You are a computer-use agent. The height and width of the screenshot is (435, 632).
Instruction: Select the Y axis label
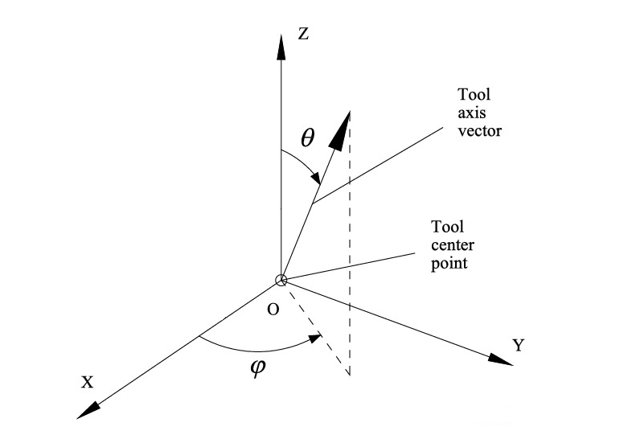click(x=519, y=346)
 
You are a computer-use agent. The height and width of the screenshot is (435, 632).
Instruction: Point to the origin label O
click(x=273, y=310)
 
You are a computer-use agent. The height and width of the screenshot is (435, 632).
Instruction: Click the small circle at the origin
click(x=280, y=280)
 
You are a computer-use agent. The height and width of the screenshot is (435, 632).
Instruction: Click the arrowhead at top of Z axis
click(x=280, y=45)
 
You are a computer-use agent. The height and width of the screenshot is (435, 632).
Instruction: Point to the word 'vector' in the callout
click(x=479, y=129)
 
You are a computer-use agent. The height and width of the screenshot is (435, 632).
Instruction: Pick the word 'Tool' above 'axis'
click(x=474, y=95)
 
